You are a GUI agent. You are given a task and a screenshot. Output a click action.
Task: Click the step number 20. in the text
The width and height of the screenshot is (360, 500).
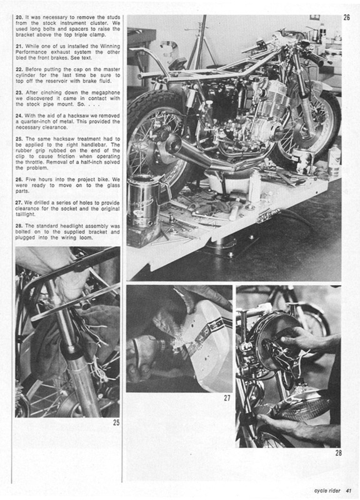pos(19,17)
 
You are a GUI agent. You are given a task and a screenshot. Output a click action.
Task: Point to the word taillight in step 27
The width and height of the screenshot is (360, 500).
pos(25,214)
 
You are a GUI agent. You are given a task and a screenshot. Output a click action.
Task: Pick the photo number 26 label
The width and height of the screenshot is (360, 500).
pos(347,17)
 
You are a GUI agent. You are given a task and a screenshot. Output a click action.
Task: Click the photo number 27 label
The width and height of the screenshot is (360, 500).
pos(227,397)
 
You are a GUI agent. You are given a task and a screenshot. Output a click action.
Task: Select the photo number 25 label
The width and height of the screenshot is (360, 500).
pos(116,422)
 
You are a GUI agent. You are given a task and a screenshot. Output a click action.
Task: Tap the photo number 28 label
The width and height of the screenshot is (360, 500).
pos(338,452)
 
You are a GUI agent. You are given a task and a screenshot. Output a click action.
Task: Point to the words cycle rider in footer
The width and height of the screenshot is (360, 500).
pos(327,491)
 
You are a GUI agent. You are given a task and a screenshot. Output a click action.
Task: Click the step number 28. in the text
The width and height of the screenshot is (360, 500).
pos(19,226)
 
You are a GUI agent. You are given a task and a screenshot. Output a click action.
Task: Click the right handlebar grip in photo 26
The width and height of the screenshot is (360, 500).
pos(316,58)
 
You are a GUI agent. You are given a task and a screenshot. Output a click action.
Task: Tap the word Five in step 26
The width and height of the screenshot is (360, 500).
pos(31,179)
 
